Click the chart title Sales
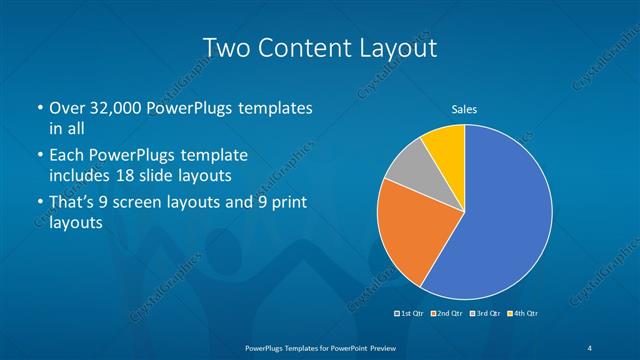[x=464, y=108]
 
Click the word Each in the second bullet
[x=67, y=156]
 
